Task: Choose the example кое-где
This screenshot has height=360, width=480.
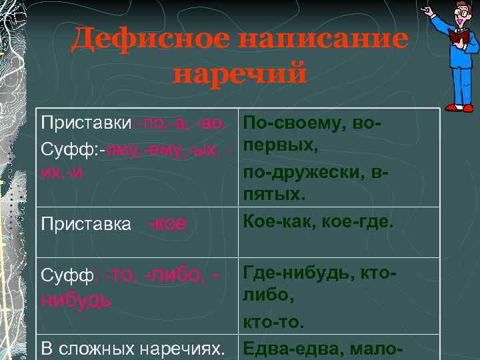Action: click(360, 220)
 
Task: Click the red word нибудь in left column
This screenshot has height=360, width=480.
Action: click(76, 299)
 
